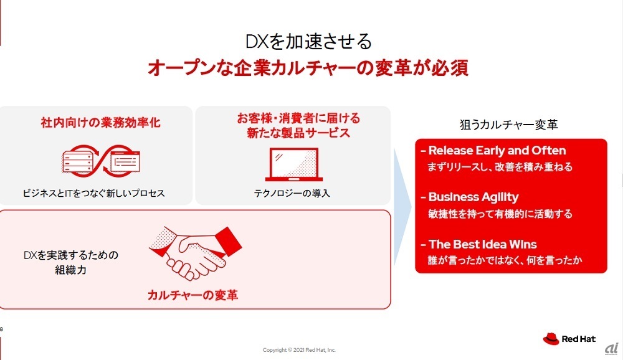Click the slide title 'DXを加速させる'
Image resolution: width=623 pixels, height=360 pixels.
tap(308, 42)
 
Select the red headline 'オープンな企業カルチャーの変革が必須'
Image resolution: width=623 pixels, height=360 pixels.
tap(308, 68)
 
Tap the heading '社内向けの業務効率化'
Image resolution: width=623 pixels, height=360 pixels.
tap(100, 122)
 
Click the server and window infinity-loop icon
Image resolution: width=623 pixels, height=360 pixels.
tap(101, 161)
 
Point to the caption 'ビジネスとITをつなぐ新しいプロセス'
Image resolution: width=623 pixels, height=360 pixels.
tap(93, 194)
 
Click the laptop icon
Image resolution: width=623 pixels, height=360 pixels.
tap(293, 164)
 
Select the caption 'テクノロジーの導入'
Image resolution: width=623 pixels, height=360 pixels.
tap(292, 194)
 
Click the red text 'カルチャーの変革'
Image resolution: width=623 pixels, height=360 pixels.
tap(193, 295)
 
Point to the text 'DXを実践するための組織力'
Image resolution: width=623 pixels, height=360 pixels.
tap(71, 262)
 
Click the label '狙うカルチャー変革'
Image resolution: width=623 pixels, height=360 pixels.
tap(509, 125)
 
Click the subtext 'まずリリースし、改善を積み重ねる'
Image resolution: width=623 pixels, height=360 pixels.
tap(500, 167)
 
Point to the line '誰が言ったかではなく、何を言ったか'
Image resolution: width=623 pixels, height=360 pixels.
tap(505, 260)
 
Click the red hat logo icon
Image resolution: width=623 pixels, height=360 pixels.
tap(551, 339)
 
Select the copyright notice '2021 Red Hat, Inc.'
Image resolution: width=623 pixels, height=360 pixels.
tap(315, 350)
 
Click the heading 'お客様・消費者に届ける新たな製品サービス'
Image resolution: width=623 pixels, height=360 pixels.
tap(299, 125)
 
